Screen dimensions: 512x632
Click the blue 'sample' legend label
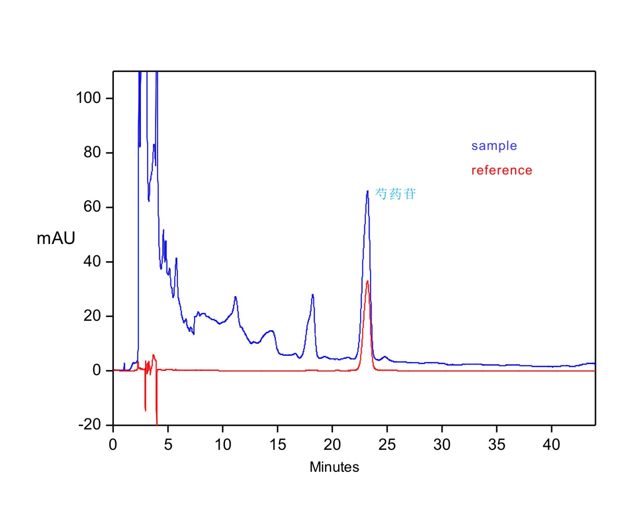pos(494,146)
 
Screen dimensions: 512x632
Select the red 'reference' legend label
pos(502,170)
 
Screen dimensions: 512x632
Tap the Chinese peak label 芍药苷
pos(396,194)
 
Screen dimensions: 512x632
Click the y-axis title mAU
pos(56,238)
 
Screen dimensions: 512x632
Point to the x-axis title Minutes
pos(334,467)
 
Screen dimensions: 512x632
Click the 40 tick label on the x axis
pos(552,445)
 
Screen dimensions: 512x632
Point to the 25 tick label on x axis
pos(387,445)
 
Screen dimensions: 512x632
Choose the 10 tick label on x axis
pos(222,445)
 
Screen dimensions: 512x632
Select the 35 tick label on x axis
pos(497,445)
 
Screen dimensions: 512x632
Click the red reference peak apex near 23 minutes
pos(367,282)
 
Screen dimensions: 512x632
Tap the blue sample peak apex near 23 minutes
pos(367,191)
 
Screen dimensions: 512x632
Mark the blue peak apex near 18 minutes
pos(313,295)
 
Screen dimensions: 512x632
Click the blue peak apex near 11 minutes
pos(235,297)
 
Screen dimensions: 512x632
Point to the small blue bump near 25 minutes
pos(385,357)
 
